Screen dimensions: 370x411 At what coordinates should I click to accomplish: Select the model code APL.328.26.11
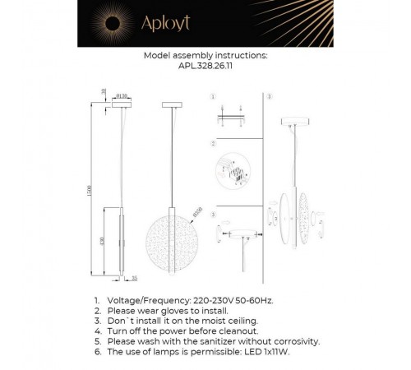point(205,70)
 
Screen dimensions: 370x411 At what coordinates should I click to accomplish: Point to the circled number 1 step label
point(214,96)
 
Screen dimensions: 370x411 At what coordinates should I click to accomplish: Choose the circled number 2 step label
point(214,143)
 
